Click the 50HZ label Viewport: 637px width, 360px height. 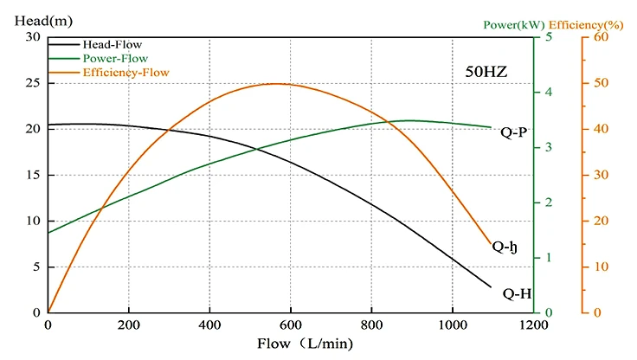486,72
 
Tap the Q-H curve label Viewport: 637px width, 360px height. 517,294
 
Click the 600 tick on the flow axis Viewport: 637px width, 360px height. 291,325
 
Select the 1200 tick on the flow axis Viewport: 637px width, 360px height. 533,325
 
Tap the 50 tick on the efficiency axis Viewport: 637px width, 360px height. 597,83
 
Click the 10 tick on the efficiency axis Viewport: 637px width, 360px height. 597,267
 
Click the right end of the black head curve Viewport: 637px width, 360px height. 491,286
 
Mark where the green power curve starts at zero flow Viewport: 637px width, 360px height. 48,232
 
